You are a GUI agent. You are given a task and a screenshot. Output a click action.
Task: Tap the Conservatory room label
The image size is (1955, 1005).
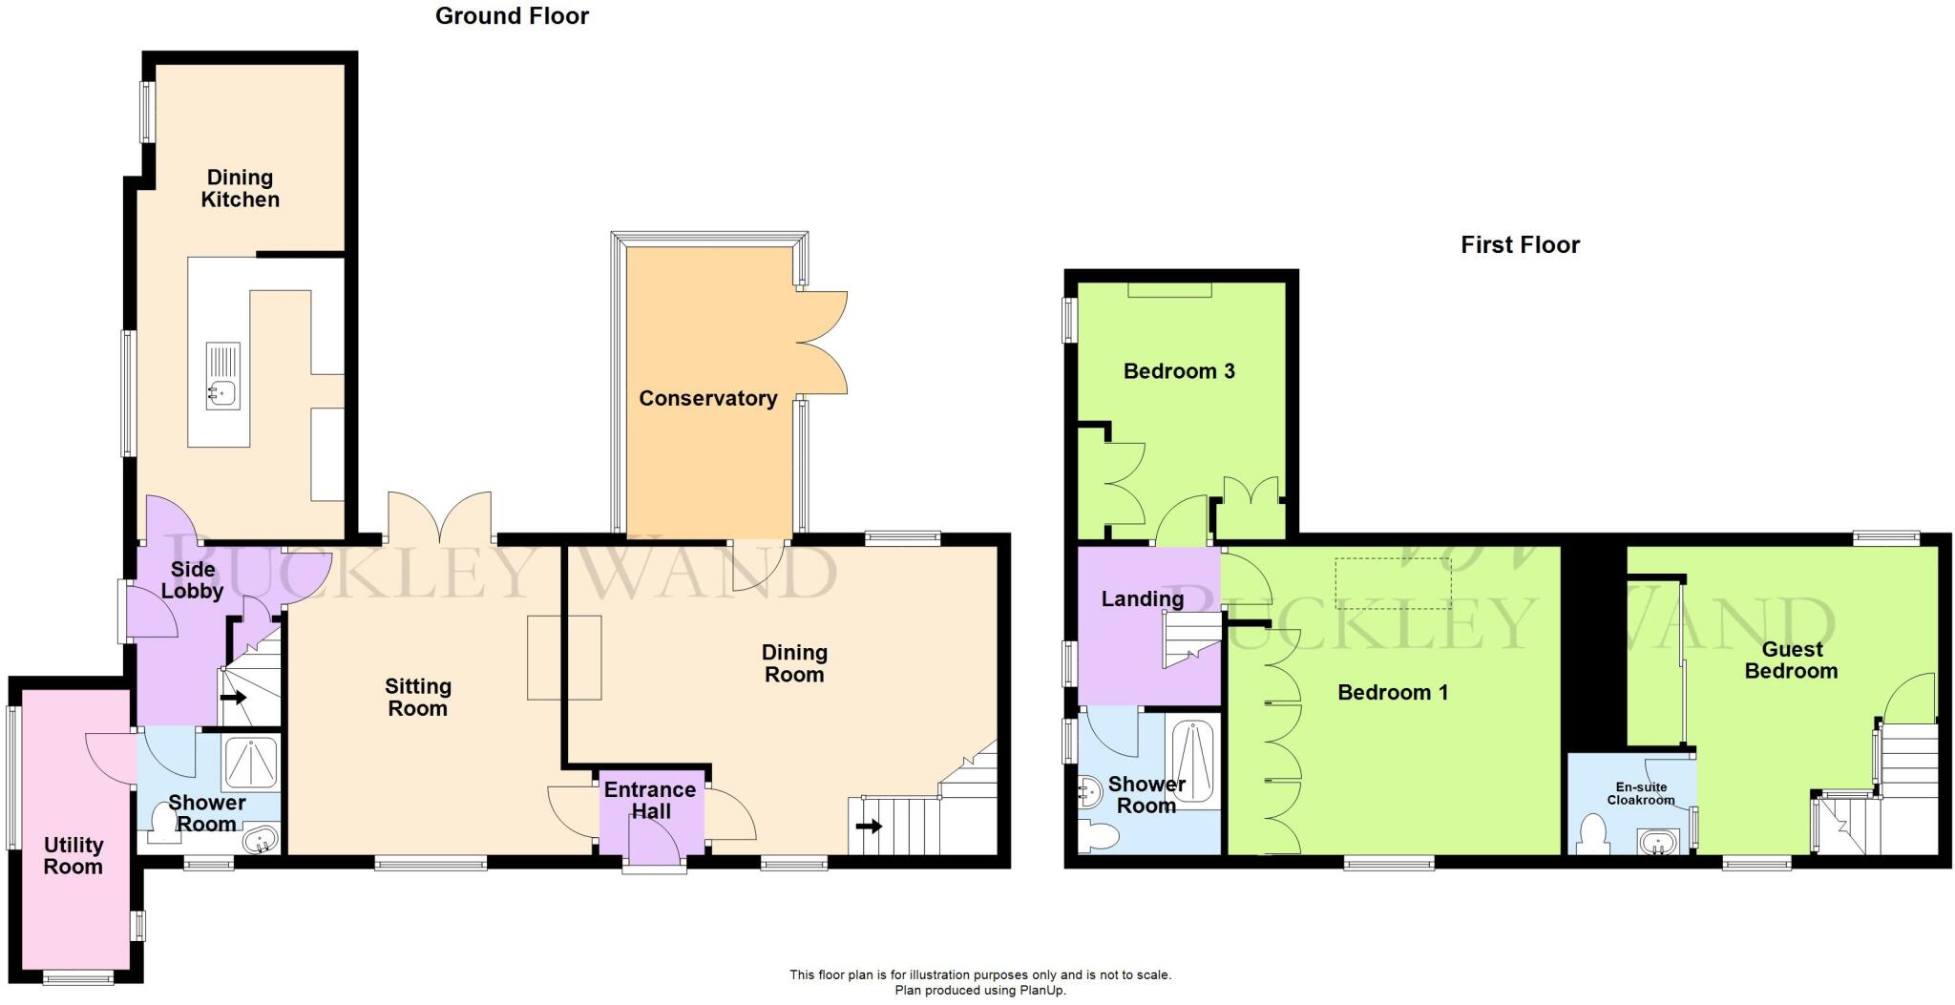point(707,399)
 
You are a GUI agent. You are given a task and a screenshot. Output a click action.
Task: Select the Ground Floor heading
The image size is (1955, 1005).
point(512,16)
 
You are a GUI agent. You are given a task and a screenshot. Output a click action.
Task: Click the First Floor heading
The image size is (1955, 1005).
point(1520,245)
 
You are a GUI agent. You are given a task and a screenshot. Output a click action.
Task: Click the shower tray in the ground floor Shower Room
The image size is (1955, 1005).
point(251,764)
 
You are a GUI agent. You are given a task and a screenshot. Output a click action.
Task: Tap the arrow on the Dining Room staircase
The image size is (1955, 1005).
point(869,826)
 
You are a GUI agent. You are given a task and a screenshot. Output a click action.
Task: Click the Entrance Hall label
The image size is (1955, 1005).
point(649,801)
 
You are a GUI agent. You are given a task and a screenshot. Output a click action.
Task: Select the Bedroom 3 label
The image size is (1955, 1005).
point(1179,371)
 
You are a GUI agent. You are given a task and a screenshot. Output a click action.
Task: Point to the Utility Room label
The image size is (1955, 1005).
point(74,856)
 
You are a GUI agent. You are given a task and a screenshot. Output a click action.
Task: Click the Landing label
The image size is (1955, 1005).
point(1142,599)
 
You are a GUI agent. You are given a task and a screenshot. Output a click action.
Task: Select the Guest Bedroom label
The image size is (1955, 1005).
point(1791,660)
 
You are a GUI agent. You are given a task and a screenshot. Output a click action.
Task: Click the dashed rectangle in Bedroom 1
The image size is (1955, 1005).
point(1393,583)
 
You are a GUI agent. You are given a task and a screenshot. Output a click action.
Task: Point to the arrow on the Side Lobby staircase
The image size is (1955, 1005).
point(233,697)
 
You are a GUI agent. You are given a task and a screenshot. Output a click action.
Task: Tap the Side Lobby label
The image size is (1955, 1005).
point(192,580)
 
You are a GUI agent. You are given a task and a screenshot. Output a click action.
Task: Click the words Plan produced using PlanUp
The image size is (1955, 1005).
point(979,991)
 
